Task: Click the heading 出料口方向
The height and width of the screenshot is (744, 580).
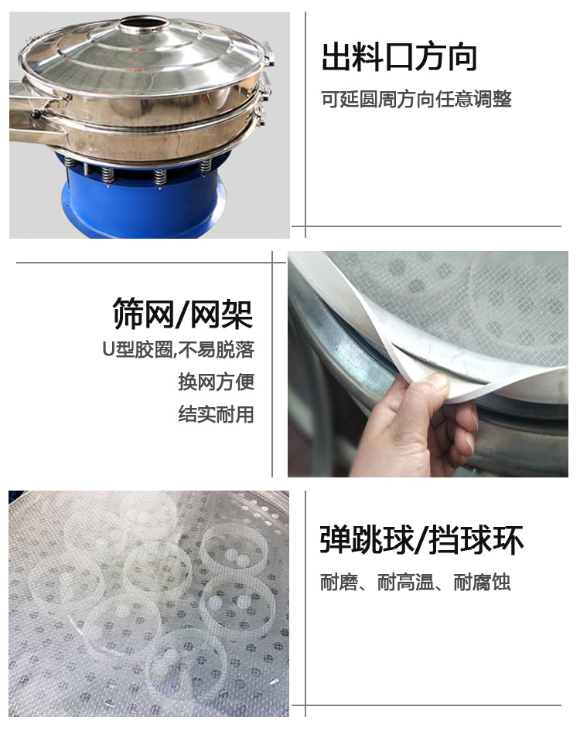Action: tap(400, 57)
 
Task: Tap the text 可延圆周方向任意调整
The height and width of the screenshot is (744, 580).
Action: tap(416, 99)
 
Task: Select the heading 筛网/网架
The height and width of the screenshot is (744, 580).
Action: tap(183, 314)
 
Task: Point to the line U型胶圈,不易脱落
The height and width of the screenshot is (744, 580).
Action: tap(179, 350)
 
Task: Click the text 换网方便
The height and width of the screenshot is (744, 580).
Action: tap(217, 382)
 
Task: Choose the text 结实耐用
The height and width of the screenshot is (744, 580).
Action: tap(217, 414)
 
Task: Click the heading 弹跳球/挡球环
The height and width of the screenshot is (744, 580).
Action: tap(421, 540)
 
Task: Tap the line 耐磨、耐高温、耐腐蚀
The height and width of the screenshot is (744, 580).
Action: tap(415, 583)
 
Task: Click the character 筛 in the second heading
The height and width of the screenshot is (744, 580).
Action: tap(128, 314)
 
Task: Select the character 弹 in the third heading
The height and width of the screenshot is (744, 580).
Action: tap(336, 540)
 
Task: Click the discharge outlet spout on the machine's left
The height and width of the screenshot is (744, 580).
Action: tap(33, 114)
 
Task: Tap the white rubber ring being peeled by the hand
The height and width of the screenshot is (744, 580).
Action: tap(404, 332)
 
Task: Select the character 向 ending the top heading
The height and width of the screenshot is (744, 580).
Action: tap(462, 57)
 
